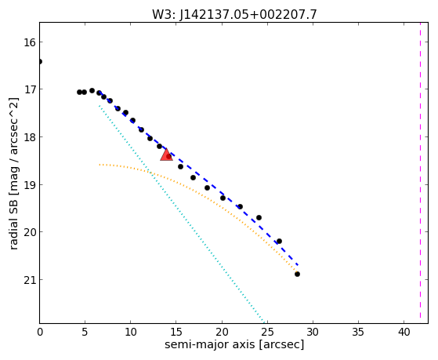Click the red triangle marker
click(166, 155)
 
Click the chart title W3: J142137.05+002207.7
click(234, 14)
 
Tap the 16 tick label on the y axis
click(29, 42)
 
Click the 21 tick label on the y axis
click(29, 280)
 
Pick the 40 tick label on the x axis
click(404, 332)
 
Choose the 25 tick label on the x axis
click(267, 332)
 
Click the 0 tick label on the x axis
click(40, 332)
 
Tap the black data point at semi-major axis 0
click(40, 61)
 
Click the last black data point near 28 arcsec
click(297, 275)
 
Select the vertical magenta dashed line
click(420, 173)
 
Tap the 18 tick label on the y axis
click(29, 137)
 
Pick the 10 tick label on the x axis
click(130, 332)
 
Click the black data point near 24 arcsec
click(259, 217)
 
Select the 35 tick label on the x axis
click(358, 332)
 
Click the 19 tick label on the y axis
click(29, 185)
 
